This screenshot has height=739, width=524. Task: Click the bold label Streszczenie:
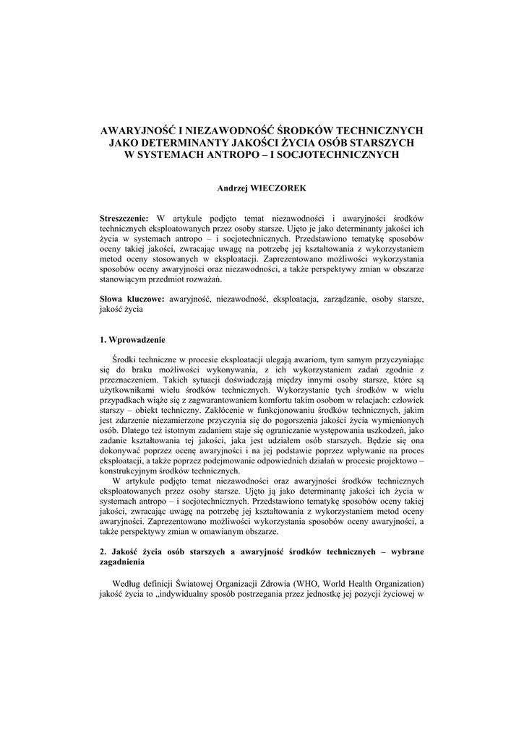click(x=124, y=218)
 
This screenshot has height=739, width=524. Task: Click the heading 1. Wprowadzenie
click(x=132, y=339)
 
